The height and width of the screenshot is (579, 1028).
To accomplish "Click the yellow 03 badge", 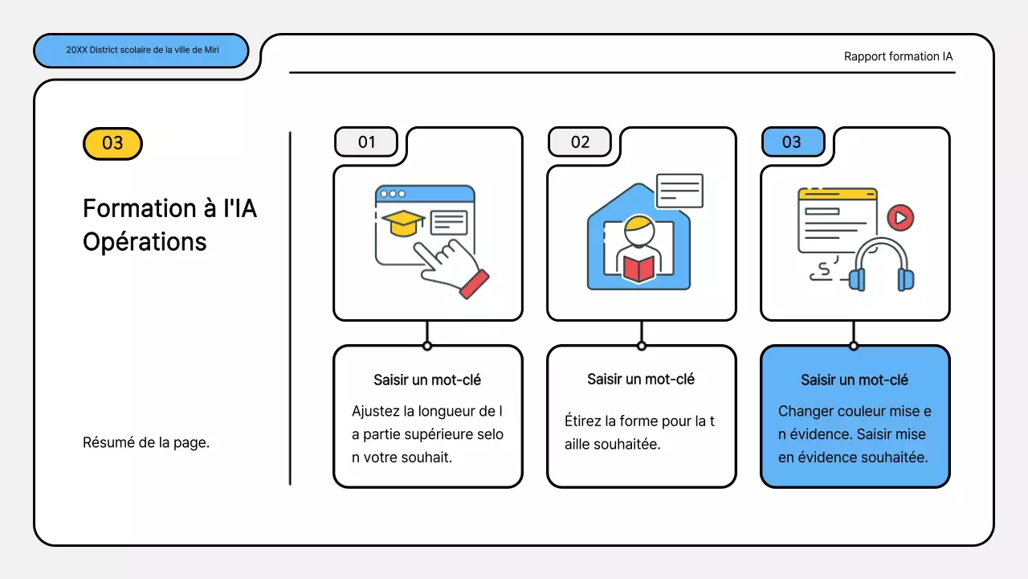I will click(x=112, y=143).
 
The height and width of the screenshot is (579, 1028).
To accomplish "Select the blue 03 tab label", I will click(x=792, y=142).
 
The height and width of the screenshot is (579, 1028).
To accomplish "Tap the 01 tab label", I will click(x=366, y=142).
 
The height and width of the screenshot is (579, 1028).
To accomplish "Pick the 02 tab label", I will click(x=580, y=142).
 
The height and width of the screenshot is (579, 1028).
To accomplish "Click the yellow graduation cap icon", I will click(x=403, y=223).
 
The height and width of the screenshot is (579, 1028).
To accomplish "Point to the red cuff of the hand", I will click(x=474, y=284).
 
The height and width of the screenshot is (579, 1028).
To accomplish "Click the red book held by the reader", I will click(x=639, y=268).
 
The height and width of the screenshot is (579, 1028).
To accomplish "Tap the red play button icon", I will click(x=900, y=217).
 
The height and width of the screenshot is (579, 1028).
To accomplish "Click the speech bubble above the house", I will click(x=679, y=191).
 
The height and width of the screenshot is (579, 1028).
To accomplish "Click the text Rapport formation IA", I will click(x=898, y=56).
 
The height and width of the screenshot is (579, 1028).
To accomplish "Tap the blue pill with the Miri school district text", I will click(x=141, y=50).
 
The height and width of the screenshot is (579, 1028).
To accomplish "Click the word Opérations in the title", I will click(x=145, y=242).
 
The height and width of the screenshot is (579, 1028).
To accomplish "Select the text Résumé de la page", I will click(x=146, y=442).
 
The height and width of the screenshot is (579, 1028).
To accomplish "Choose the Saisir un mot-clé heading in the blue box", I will click(x=855, y=380).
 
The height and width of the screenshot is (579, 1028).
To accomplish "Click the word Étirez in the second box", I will click(x=583, y=421).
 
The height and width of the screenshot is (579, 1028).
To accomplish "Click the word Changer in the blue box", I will click(x=805, y=411).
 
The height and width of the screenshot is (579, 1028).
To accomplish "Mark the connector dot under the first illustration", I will click(x=427, y=346).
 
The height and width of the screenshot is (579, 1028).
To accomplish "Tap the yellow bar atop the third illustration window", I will click(x=837, y=194).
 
